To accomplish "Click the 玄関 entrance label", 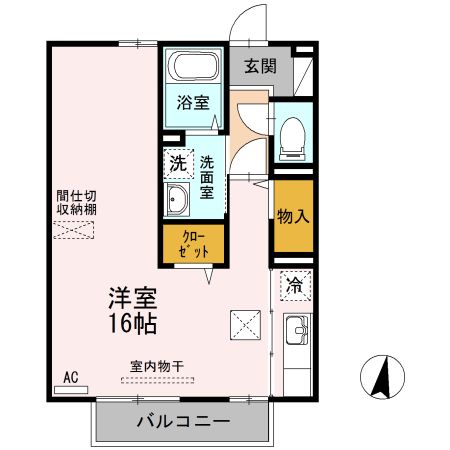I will (x=260, y=67).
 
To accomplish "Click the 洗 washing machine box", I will (x=178, y=161).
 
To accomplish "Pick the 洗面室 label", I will (x=206, y=176).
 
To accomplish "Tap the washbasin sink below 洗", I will (x=178, y=199).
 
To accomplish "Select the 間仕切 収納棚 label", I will (x=76, y=203).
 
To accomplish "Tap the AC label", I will (x=70, y=377).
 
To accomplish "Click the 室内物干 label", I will (x=157, y=366).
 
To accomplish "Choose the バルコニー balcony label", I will (x=183, y=421).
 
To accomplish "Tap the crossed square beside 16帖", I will (x=246, y=323).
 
